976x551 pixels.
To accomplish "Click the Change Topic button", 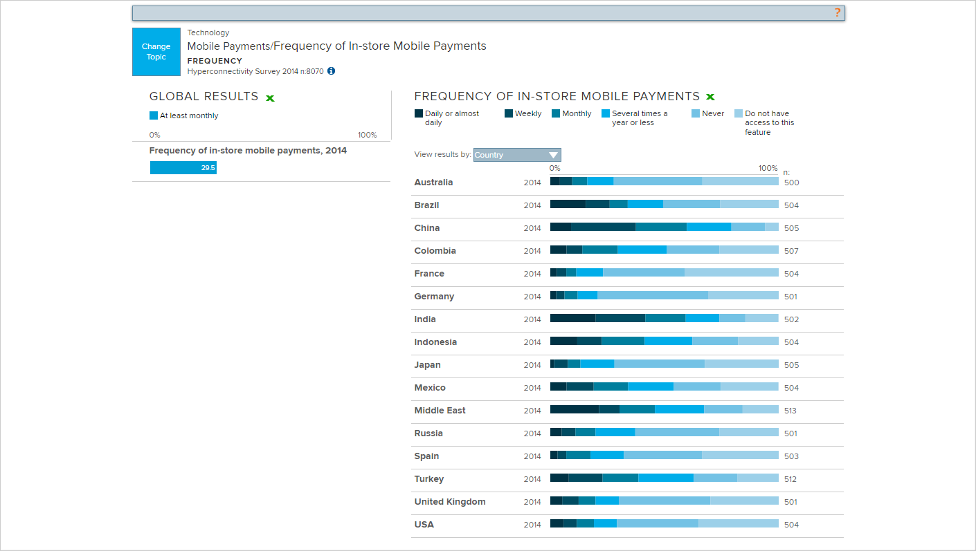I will coord(156,52).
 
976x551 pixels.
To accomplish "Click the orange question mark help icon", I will coord(837,12).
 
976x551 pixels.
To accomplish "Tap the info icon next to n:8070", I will coord(331,71).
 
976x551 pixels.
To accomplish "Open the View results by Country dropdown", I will coord(517,155).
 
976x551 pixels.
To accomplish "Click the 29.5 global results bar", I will coord(183,168).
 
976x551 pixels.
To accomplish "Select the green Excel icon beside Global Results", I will coord(270,98).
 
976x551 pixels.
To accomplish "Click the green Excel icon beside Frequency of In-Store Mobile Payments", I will coord(710,97).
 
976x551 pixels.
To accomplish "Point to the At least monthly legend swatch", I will coord(154,115).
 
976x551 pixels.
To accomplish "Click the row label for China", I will coord(427,228).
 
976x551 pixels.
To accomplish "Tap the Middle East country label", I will coord(440,411).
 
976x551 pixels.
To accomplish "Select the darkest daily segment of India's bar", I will coord(572,318).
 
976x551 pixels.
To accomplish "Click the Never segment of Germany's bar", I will coord(652,295).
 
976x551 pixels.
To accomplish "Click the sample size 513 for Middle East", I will coord(790,411).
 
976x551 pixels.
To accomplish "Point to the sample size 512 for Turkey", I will coord(790,479).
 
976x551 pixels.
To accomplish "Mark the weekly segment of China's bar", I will coord(603,227).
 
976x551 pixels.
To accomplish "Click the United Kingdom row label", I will coord(450,502).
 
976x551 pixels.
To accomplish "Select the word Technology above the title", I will coord(208,32).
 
